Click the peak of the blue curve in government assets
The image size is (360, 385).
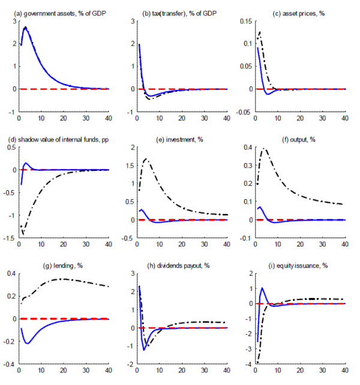point(25,28)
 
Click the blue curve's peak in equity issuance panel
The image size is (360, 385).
point(262,288)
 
